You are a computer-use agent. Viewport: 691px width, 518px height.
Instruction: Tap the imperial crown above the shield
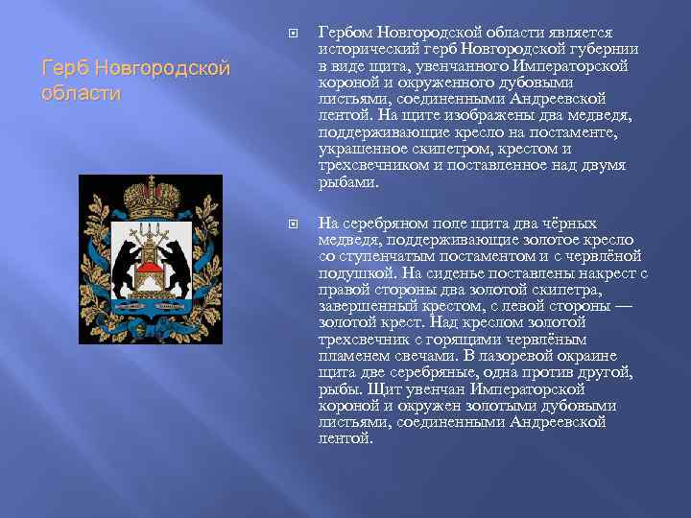[152, 192]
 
